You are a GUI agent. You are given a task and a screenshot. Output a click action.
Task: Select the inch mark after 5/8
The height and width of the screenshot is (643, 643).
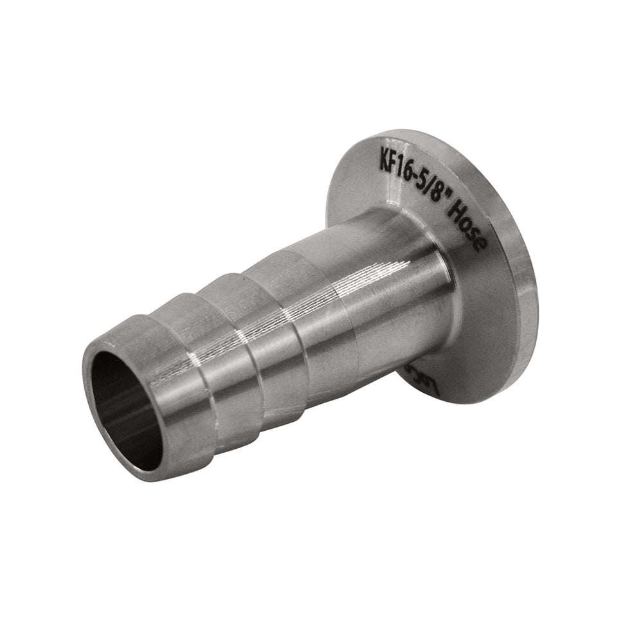[x=444, y=200]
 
